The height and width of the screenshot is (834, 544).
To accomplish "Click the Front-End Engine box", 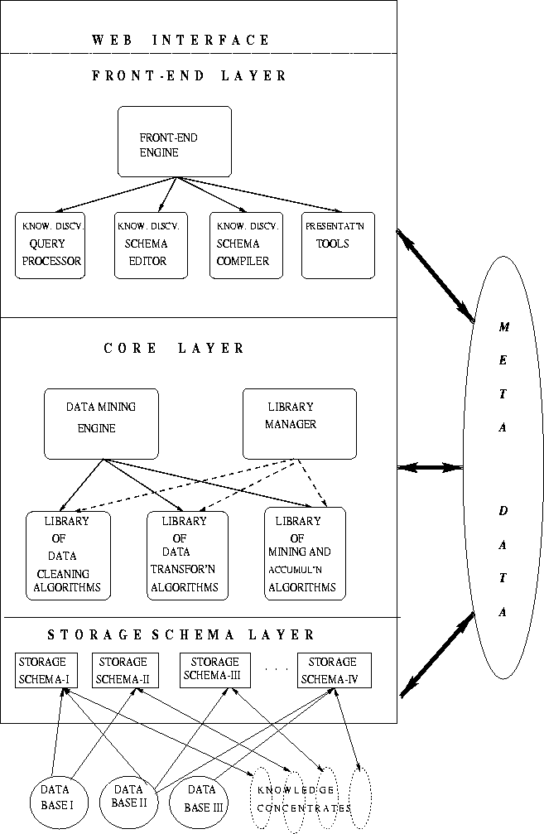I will coord(174,141).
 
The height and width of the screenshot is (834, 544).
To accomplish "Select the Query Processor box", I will coord(51,245).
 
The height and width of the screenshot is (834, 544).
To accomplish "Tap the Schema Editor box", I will coord(152,245).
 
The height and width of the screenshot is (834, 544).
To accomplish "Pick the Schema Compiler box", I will coord(245,245).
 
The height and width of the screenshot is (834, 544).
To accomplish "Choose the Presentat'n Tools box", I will coord(338,245).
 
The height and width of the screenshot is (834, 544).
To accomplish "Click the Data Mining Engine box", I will coord(101,424).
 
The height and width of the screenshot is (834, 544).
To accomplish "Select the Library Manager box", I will coord(299,423).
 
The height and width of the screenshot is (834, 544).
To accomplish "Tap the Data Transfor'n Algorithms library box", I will coord(187,554).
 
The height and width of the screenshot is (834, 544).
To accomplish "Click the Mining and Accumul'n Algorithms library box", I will coord(305,554).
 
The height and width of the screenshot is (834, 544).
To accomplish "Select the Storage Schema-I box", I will coord(46,671).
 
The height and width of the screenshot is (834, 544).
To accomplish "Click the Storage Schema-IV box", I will coord(334,671).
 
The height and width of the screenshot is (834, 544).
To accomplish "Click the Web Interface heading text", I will coord(181,40).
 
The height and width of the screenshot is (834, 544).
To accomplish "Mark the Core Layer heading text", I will coord(174,348).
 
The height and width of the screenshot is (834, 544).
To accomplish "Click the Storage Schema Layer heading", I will coord(181,635).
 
